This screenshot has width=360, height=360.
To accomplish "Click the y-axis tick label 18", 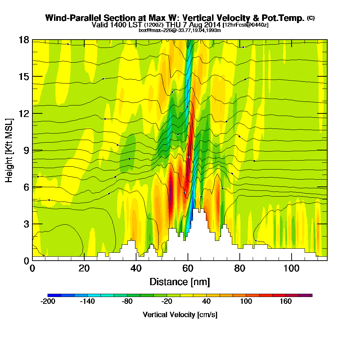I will [24, 40].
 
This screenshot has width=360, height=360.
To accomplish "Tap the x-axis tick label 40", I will [136, 268].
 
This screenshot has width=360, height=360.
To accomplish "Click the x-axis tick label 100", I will [291, 268].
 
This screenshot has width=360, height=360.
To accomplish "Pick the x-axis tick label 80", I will [239, 268].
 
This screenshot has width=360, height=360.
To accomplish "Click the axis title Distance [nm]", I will [180, 282].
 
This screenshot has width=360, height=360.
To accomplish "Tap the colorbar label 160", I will [285, 302].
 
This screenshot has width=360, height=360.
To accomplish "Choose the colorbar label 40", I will [207, 302].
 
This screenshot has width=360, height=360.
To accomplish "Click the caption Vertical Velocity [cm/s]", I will [180, 315].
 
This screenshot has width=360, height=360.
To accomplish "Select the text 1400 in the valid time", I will [120, 25].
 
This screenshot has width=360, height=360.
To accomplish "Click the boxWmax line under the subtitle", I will [180, 30].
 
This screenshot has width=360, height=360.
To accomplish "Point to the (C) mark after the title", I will [311, 18].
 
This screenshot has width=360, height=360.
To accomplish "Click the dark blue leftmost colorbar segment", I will [54, 295].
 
